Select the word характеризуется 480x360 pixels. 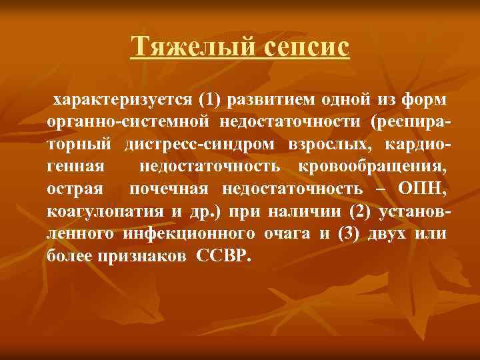[x=122, y=101]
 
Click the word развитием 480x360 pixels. [x=261, y=101]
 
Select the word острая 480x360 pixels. [x=75, y=189]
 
